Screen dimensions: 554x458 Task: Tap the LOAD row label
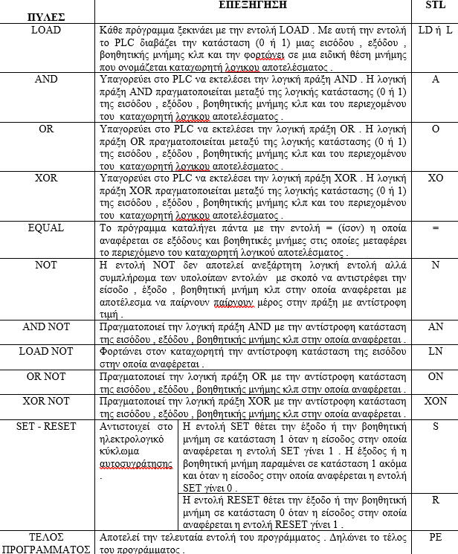(x=47, y=30)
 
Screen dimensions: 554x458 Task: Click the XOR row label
(x=47, y=179)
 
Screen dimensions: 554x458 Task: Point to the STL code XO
(x=435, y=179)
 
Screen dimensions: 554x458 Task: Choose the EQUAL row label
(x=47, y=228)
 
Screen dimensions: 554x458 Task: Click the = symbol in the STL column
(x=435, y=229)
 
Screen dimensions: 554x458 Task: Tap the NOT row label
(x=47, y=264)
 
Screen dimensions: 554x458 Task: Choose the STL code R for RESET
(x=435, y=500)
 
